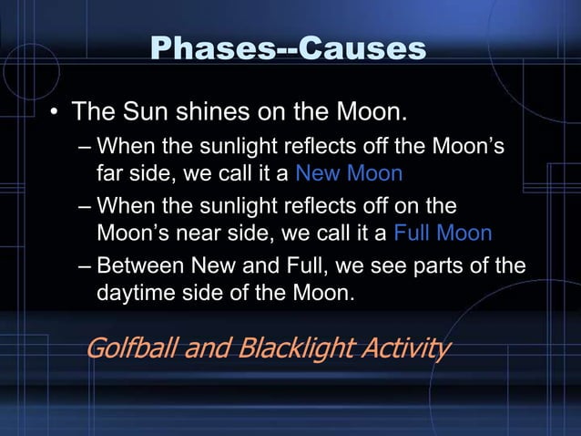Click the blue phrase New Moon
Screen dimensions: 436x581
(350, 172)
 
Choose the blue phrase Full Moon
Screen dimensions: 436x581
(443, 233)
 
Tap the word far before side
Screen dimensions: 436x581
(112, 172)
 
